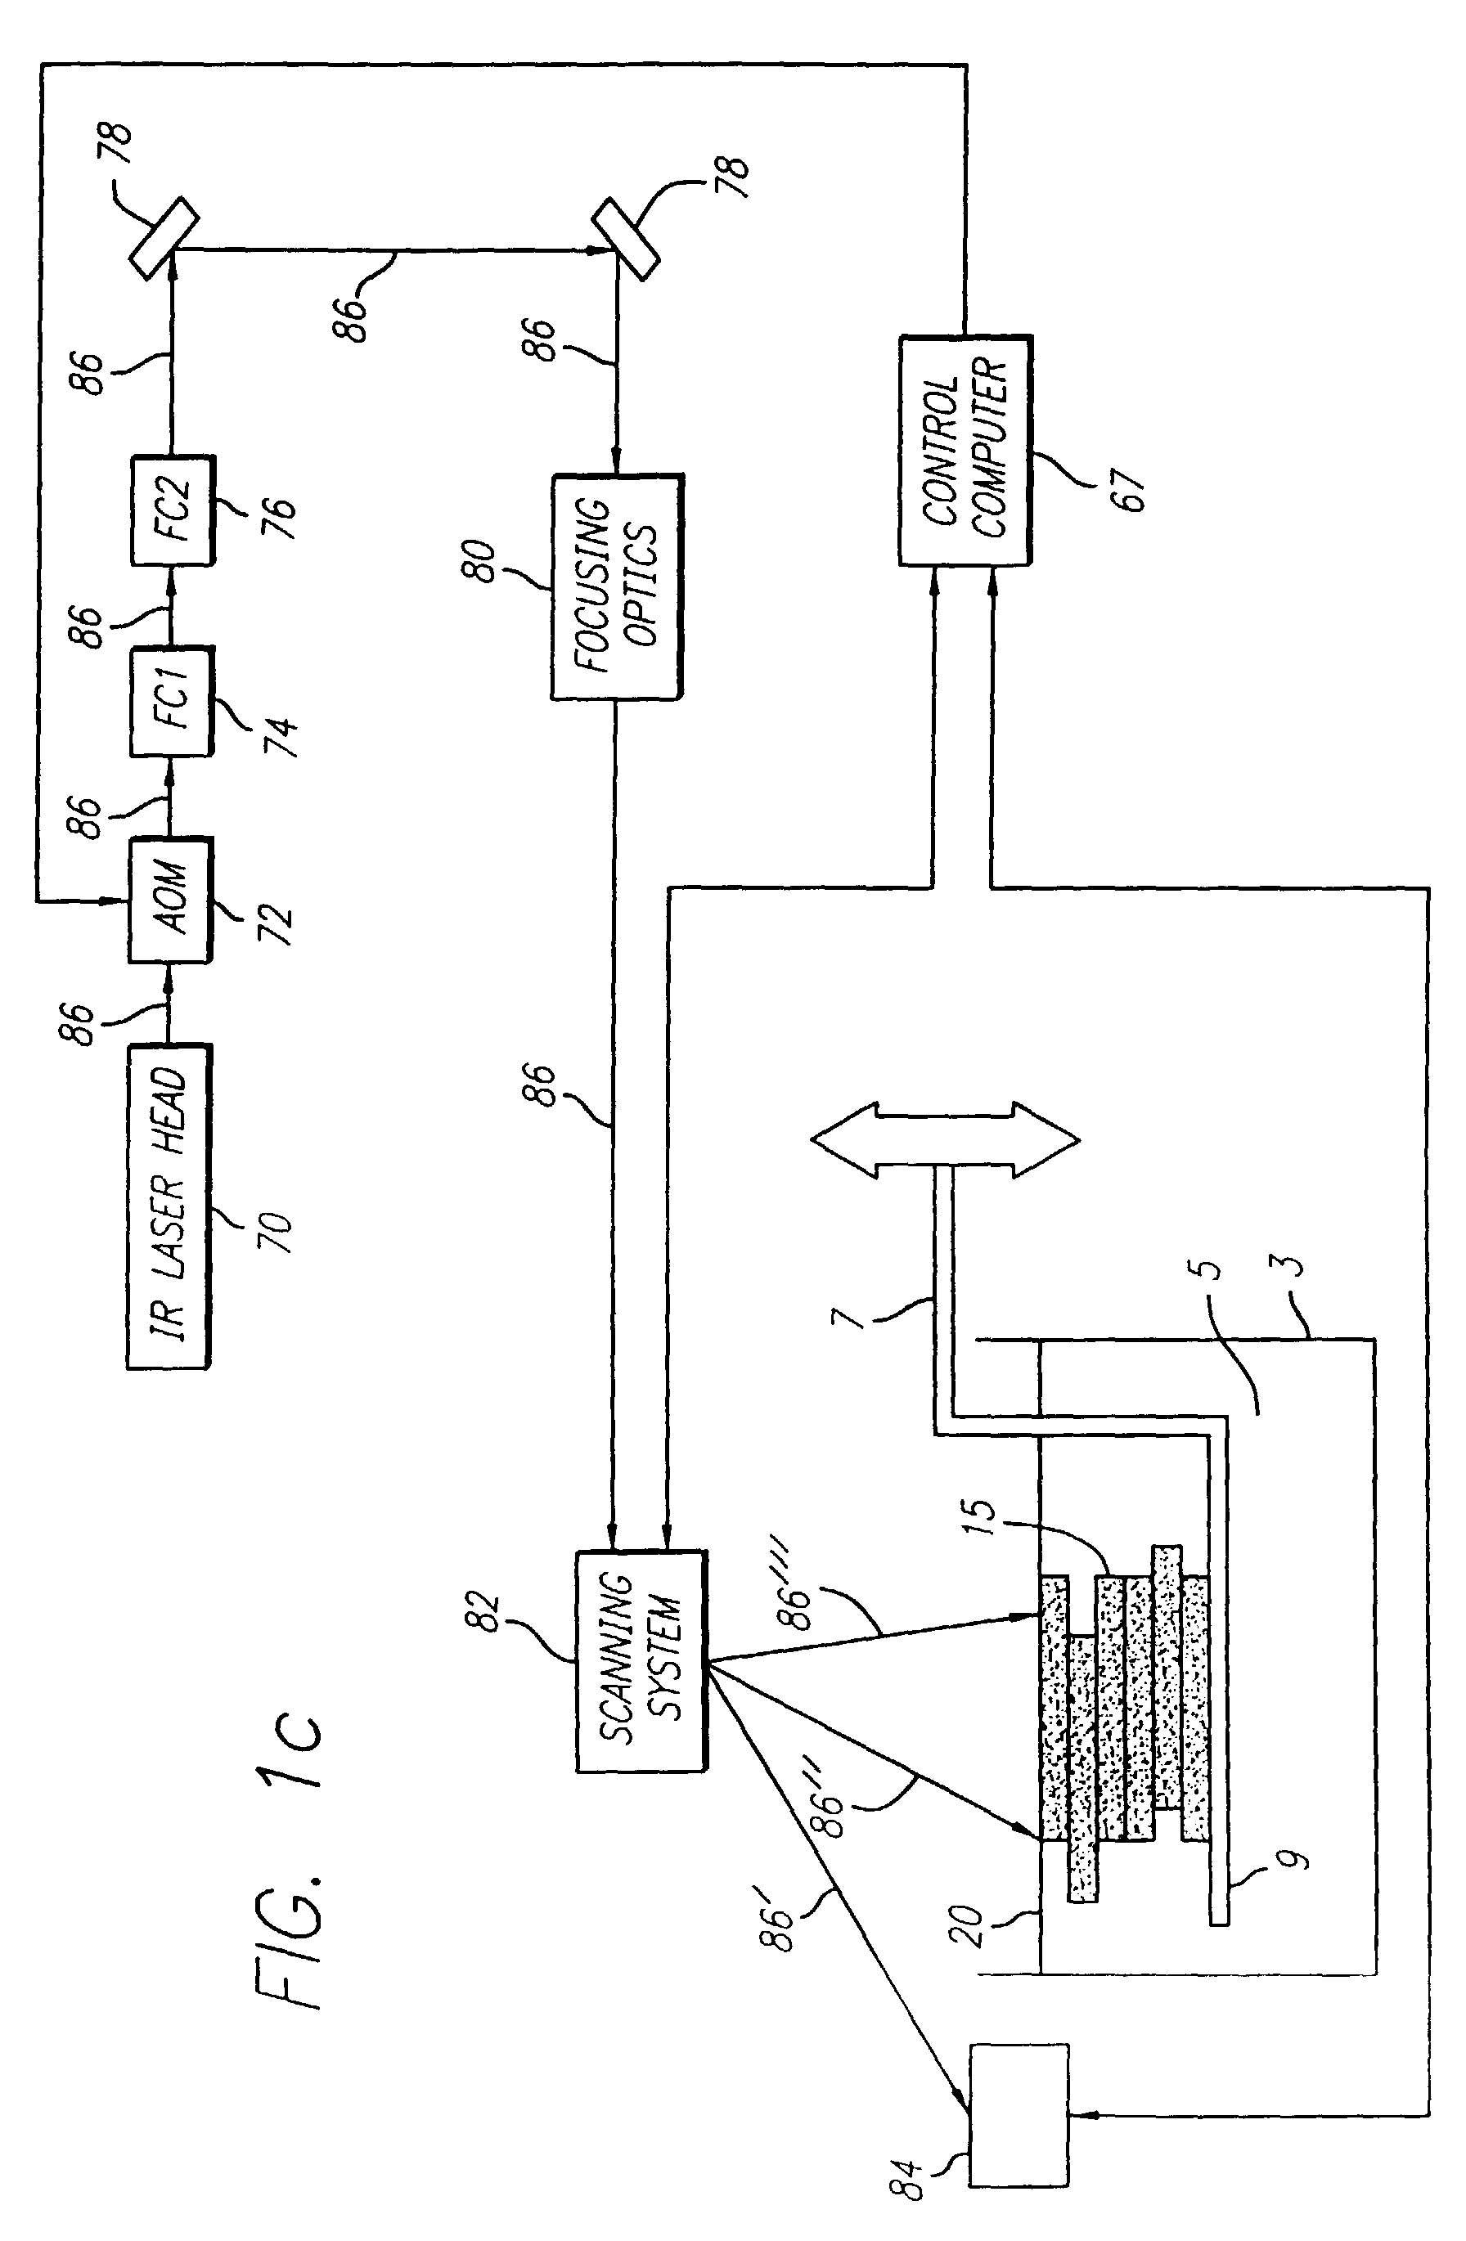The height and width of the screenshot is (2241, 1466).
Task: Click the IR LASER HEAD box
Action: point(169,1206)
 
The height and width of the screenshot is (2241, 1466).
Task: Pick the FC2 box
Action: point(173,510)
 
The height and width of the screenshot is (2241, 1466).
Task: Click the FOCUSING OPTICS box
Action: point(617,586)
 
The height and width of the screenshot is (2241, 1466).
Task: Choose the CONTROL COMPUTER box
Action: point(965,450)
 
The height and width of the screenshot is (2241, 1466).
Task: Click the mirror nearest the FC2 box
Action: point(163,237)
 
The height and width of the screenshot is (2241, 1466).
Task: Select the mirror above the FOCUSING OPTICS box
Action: point(625,238)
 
